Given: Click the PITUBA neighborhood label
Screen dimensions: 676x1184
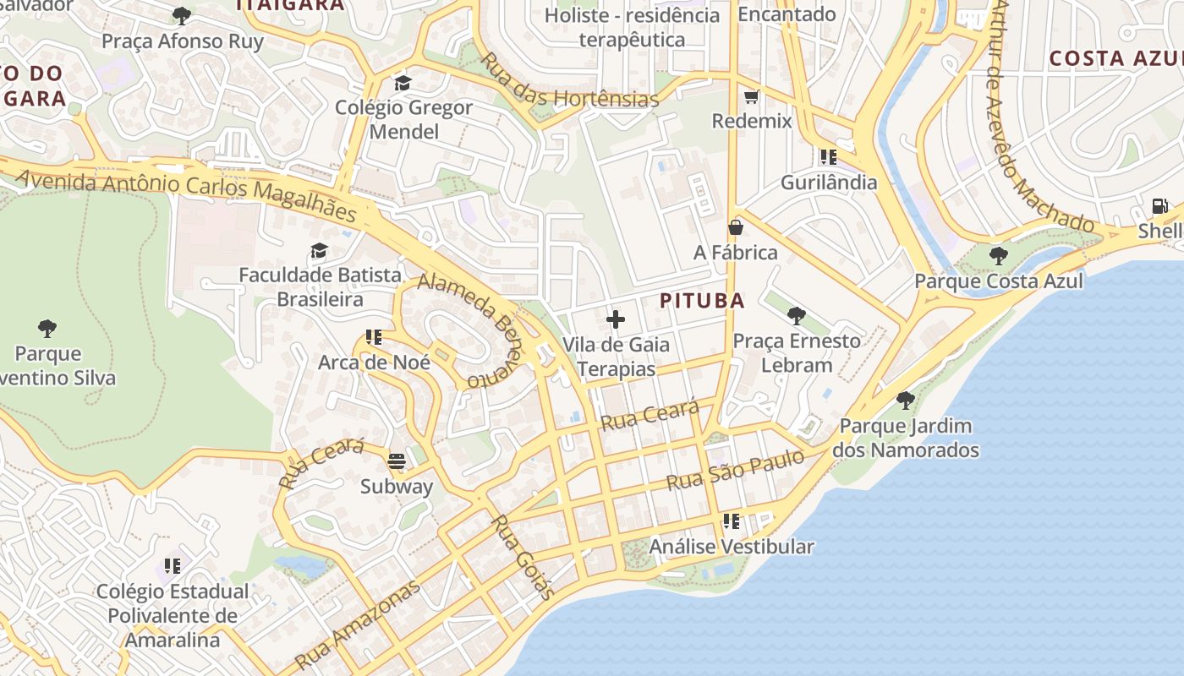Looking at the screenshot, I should tap(702, 301).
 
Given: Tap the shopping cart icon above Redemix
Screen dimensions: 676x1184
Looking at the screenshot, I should tap(751, 97).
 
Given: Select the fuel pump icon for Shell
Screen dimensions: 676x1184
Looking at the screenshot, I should tap(1159, 206).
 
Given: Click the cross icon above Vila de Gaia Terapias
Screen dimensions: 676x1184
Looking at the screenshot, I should tap(616, 319).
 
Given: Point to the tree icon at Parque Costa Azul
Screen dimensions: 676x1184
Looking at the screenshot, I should tap(998, 255).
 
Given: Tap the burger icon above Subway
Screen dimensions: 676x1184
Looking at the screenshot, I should tap(397, 461).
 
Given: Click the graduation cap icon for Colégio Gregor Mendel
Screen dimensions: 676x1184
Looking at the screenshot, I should tap(403, 83).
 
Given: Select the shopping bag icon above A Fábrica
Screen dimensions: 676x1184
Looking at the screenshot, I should tap(736, 227).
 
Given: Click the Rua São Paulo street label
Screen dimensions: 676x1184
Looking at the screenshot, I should tap(735, 471).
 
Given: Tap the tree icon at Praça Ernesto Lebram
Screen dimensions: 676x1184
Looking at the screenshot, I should tap(796, 316).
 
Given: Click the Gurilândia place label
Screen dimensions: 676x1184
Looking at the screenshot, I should tap(828, 183).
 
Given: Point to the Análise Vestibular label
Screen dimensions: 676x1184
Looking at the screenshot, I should tap(731, 547).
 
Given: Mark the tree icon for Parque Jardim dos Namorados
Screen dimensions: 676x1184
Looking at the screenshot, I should tap(905, 401).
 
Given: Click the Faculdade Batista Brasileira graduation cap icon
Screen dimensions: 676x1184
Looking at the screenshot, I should tap(319, 250).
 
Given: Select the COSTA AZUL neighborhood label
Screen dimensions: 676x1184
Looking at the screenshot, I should tap(1115, 58).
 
